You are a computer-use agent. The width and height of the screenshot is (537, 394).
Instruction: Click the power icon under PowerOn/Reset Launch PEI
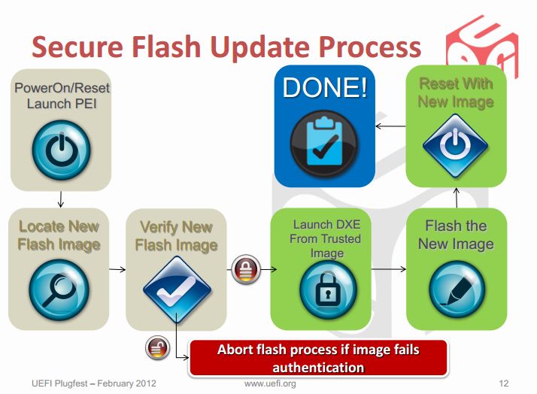pyautogui.click(x=62, y=150)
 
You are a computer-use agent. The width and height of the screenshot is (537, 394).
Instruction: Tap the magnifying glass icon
pyautogui.click(x=59, y=290)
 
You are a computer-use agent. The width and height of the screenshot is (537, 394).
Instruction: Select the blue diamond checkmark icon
pyautogui.click(x=177, y=289)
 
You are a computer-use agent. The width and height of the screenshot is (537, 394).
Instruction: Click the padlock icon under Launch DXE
pyautogui.click(x=328, y=289)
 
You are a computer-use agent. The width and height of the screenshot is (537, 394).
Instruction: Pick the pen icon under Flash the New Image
pyautogui.click(x=457, y=289)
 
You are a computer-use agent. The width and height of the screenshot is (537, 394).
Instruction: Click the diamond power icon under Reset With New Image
pyautogui.click(x=456, y=145)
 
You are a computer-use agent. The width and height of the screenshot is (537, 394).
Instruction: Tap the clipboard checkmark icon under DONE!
pyautogui.click(x=324, y=144)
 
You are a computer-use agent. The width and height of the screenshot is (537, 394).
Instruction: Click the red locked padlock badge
pyautogui.click(x=246, y=269)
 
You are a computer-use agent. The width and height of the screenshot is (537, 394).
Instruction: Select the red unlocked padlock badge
pyautogui.click(x=157, y=347)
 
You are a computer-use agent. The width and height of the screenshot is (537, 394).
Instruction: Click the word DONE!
pyautogui.click(x=325, y=88)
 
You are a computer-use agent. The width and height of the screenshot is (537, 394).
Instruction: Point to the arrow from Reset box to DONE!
pyautogui.click(x=391, y=126)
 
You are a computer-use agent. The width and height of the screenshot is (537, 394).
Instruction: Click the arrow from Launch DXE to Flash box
pyautogui.click(x=389, y=269)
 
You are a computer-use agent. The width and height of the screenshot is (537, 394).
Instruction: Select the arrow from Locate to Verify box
pyautogui.click(x=117, y=269)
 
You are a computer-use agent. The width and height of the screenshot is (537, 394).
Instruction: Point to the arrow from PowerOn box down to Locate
pyautogui.click(x=61, y=199)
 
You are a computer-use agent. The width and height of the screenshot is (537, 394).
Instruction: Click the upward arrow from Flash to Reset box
pyautogui.click(x=457, y=198)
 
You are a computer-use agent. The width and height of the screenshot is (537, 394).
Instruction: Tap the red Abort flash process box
pyautogui.click(x=318, y=358)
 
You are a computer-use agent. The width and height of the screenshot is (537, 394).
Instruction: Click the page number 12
pyautogui.click(x=504, y=383)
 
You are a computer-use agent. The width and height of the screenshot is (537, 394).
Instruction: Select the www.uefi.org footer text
pyautogui.click(x=270, y=383)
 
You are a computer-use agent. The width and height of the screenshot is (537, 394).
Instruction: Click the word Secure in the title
pyautogui.click(x=77, y=47)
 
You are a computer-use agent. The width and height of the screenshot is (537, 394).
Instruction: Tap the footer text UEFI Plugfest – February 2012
pyautogui.click(x=94, y=383)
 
